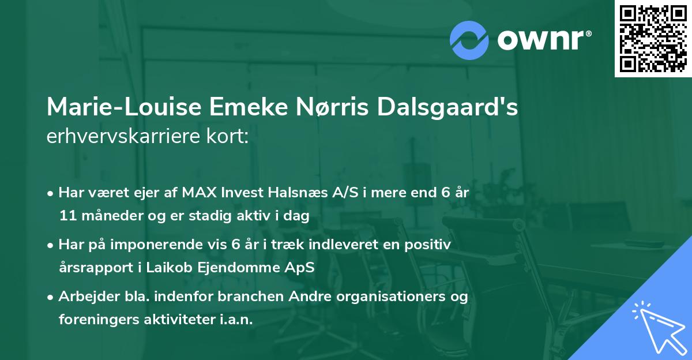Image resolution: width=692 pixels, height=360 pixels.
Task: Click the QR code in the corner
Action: (653, 38)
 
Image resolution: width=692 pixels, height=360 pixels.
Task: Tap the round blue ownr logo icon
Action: (469, 40)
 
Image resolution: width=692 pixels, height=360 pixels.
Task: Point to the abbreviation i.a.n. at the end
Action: (237, 320)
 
